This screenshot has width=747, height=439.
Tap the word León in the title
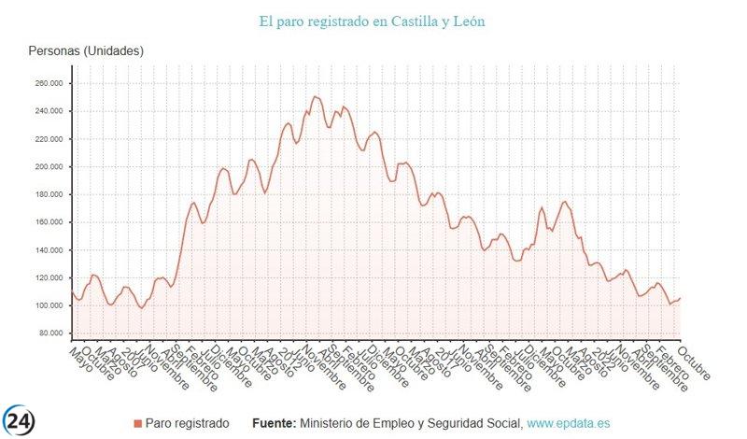[x=466, y=20]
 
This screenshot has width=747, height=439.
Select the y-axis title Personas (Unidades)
[x=86, y=51]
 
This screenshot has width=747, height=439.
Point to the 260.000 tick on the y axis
[x=49, y=83]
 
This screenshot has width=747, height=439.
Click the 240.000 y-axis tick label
[x=49, y=111]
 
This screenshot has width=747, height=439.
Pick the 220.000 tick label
[x=49, y=139]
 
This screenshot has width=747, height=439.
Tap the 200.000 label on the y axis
[x=49, y=167]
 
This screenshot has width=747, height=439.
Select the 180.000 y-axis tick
[x=49, y=194]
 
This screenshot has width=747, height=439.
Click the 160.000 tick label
[x=49, y=222]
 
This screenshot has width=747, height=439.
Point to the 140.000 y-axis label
[x=49, y=250]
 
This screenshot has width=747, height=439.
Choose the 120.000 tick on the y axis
[x=49, y=278]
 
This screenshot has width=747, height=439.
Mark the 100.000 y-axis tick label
[x=49, y=306]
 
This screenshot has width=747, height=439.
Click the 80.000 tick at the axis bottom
[x=50, y=333]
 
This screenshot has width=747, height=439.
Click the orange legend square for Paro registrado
[x=138, y=424]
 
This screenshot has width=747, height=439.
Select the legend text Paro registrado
[x=187, y=424]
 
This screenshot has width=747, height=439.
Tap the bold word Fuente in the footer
[x=275, y=424]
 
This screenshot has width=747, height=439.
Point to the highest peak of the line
[x=315, y=96]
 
